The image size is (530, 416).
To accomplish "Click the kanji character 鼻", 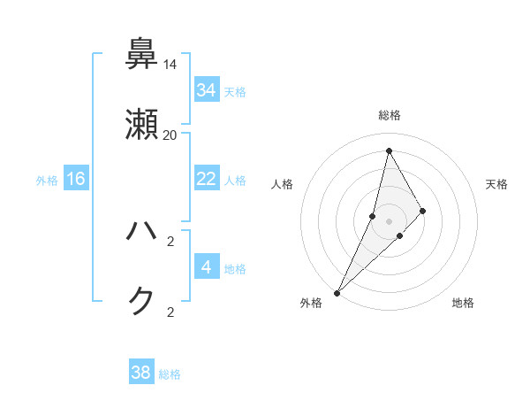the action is tap(142, 54).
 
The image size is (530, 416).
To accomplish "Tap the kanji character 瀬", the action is tap(142, 125).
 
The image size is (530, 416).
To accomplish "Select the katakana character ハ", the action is tap(142, 232).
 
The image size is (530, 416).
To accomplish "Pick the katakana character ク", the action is tap(142, 302).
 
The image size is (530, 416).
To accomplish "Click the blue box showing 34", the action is tap(207, 90).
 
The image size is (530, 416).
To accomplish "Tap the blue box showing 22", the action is tap(207, 179).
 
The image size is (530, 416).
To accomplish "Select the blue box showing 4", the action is tap(207, 266).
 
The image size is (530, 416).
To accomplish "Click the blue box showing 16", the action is tap(76, 179).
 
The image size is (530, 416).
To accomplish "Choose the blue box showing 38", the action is tap(141, 373).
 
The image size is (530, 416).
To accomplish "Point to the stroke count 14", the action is tap(170, 65).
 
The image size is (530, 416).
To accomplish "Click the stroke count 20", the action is tap(170, 135).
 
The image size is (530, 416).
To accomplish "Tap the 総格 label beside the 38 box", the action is tap(170, 374).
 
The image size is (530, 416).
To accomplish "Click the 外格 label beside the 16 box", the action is tap(47, 180).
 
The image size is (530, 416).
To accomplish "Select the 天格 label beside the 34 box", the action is tap(235, 91).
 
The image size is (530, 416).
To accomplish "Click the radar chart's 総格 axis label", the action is tap(389, 115).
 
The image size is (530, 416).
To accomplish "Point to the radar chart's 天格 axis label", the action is tap(497, 184).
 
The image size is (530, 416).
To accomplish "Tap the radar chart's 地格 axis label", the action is tap(463, 303).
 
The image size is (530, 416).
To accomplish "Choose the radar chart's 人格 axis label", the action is tap(282, 184).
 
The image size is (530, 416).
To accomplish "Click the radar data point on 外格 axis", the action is tap(337, 292).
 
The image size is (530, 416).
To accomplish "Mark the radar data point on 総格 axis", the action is tap(389, 150).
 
